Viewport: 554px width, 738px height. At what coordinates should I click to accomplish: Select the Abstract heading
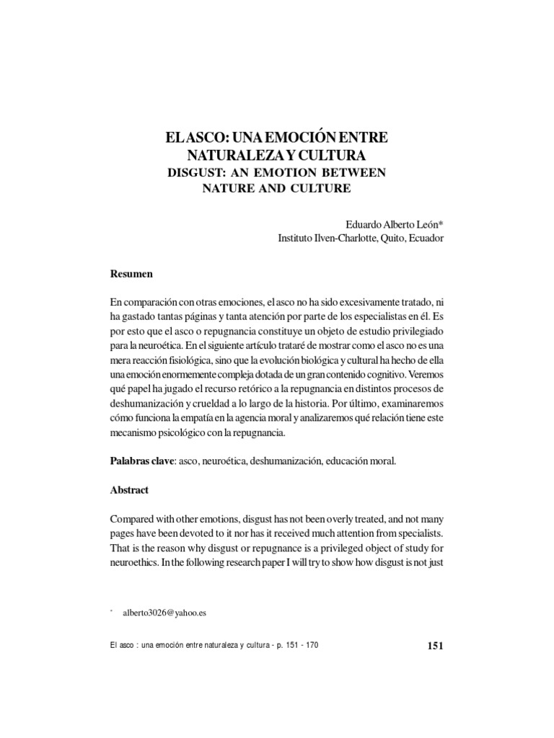pyautogui.click(x=129, y=489)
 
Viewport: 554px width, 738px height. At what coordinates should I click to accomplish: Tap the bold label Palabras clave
pyautogui.click(x=141, y=460)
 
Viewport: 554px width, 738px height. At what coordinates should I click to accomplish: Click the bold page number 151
pyautogui.click(x=435, y=645)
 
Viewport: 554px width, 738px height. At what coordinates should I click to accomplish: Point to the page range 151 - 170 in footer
pyautogui.click(x=297, y=645)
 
